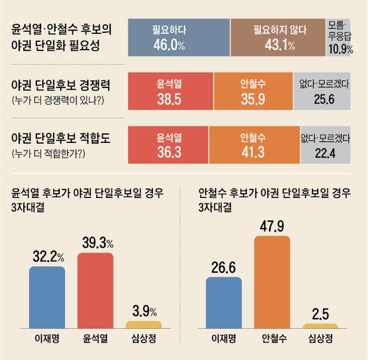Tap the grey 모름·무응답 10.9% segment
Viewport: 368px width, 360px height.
[343, 37]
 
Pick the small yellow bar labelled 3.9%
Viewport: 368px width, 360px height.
[143, 325]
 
